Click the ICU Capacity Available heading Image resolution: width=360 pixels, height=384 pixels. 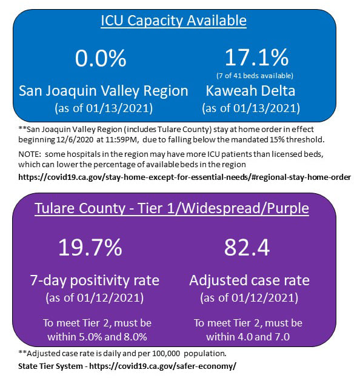173,21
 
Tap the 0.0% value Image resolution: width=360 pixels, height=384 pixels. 101,58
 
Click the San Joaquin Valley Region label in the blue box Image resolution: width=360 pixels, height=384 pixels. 104,91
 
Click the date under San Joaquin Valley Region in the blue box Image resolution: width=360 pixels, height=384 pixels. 104,108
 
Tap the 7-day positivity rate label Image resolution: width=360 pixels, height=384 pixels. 95,280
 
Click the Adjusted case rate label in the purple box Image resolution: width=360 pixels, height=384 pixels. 250,280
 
